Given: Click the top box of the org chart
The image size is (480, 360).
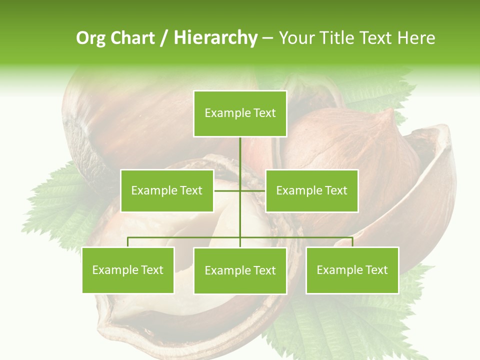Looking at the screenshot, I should [x=240, y=113].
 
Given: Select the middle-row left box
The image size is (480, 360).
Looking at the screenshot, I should [x=167, y=190].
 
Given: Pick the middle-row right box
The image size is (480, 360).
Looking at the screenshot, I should [x=311, y=190].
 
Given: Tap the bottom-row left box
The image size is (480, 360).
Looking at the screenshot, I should [x=128, y=270].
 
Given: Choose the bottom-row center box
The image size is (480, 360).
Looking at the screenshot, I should [x=240, y=270].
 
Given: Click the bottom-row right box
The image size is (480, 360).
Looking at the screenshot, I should [x=352, y=270].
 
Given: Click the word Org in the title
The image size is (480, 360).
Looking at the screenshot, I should [x=90, y=38].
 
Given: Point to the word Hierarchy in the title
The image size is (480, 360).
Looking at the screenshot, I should [x=215, y=38].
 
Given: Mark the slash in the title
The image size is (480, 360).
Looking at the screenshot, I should [x=164, y=38].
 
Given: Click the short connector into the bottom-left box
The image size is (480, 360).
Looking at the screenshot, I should [x=128, y=242].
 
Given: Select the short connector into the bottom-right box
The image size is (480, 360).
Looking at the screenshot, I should [x=352, y=242].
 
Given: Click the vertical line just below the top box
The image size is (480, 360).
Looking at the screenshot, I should [x=240, y=150].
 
